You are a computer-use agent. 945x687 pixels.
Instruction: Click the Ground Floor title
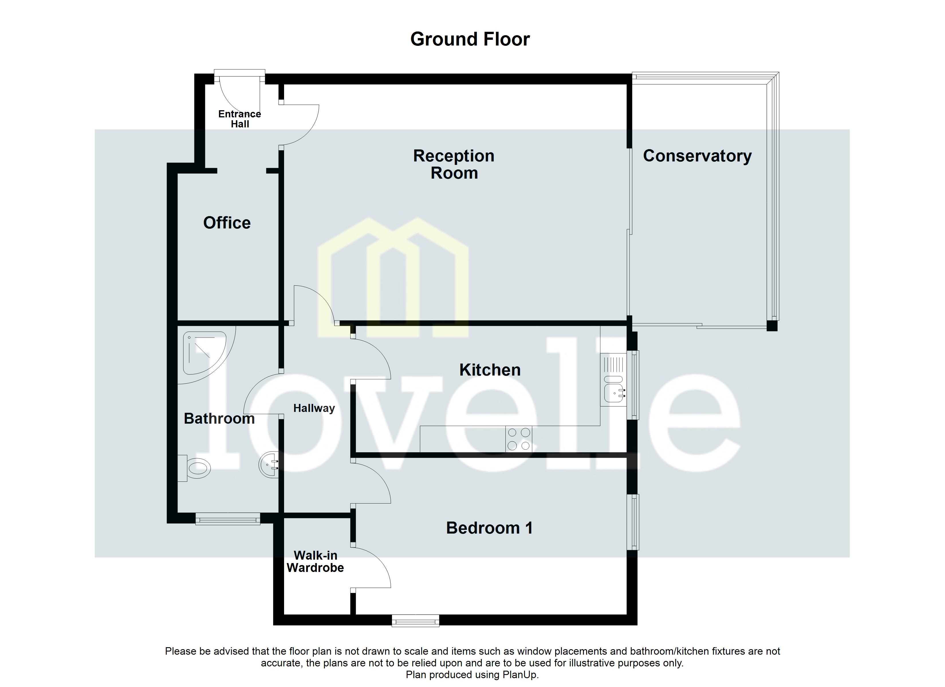470,39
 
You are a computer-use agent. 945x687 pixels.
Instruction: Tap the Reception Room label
454,164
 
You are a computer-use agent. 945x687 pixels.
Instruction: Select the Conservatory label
697,156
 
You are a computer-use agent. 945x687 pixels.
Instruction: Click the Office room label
227,223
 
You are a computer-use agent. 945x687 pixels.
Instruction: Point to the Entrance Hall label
240,119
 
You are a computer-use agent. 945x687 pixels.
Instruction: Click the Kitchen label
490,370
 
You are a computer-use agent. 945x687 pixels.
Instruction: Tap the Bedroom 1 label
489,528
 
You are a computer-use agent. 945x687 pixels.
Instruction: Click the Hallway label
314,408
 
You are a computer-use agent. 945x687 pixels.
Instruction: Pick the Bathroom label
219,418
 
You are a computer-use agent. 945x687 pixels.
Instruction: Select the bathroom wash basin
269,465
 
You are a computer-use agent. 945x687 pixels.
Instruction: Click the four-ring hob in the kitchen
519,439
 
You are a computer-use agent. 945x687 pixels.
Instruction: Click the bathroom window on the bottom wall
227,519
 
